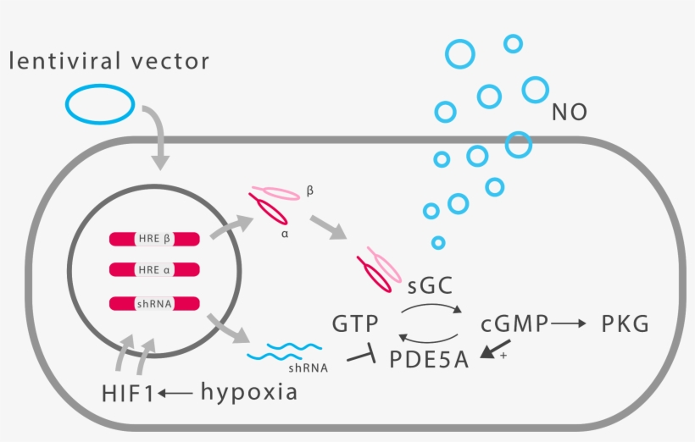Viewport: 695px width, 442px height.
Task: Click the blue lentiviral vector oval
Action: click(100, 104)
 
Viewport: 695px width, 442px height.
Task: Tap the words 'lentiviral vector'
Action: click(108, 61)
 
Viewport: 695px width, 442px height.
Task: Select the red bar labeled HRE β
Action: click(154, 240)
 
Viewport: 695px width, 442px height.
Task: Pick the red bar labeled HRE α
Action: click(154, 271)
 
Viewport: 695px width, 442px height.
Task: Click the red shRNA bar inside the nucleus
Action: click(154, 302)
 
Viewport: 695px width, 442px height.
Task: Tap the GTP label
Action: click(355, 324)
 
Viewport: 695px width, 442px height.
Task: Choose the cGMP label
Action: click(514, 324)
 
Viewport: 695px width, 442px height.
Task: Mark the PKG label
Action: click(625, 324)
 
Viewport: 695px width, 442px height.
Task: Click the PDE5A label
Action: click(429, 359)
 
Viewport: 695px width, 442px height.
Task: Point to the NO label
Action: click(569, 112)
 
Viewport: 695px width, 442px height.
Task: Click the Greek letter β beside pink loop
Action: click(310, 192)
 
